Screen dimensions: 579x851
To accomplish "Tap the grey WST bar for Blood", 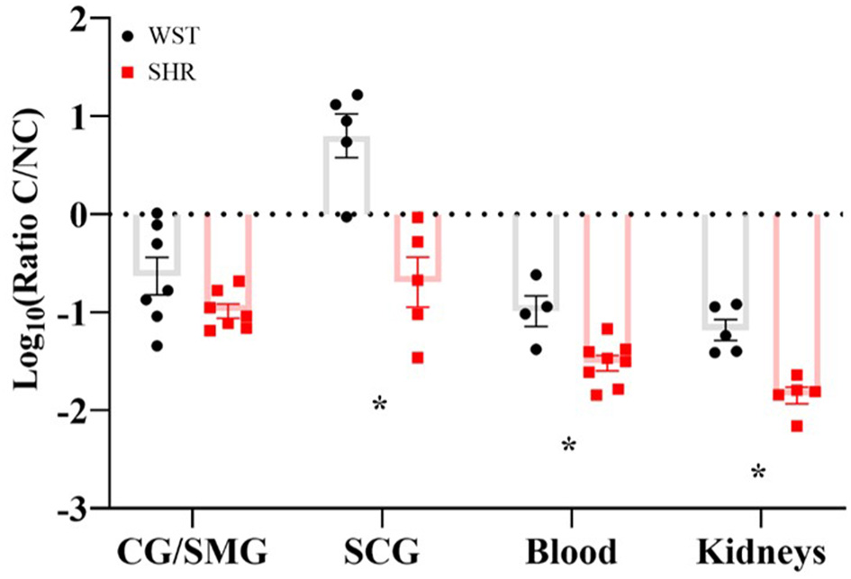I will pos(536,261).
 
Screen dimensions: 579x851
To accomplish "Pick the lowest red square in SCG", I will pos(418,357).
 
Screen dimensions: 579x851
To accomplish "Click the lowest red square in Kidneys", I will pos(797,426).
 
